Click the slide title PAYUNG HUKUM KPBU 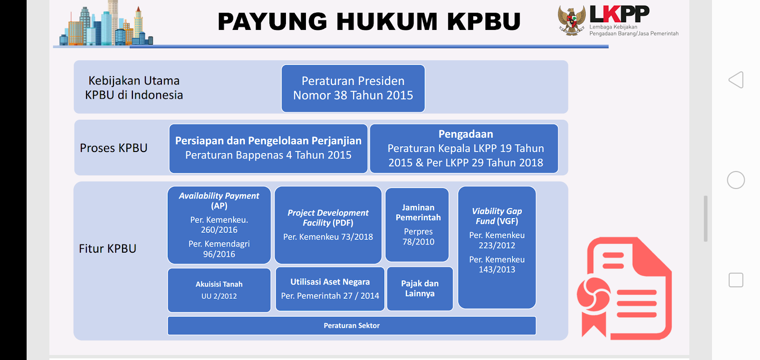[369, 22]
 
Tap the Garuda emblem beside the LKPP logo [571, 20]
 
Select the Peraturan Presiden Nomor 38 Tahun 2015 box [353, 88]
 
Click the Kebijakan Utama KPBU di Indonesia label [134, 88]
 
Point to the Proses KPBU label [114, 148]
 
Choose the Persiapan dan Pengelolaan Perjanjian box [268, 148]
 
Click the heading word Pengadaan [465, 134]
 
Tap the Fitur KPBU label [108, 248]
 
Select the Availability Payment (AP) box [219, 225]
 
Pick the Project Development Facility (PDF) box [328, 225]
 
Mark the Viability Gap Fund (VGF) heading [497, 216]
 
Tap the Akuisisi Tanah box [219, 290]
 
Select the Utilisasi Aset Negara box [330, 289]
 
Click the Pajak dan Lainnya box [420, 289]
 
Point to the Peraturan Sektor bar [351, 326]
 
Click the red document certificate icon [624, 288]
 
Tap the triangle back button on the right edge [736, 80]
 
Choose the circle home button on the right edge [736, 180]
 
